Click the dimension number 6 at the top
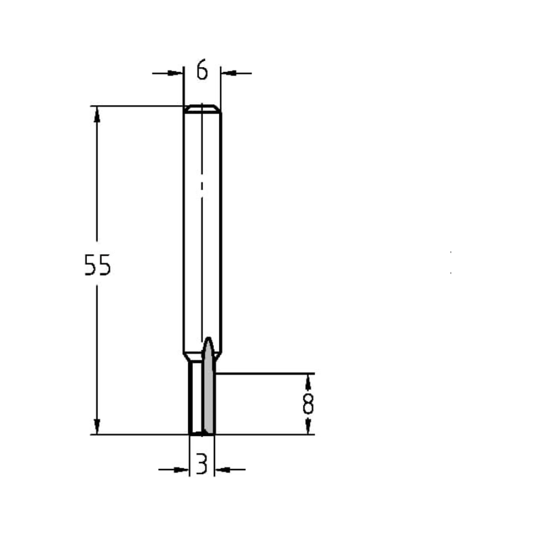point(202,70)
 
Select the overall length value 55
point(98,265)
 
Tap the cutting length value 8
point(308,404)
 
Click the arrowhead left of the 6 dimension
point(176,72)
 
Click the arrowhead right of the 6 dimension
point(228,72)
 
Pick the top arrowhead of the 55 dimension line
point(97,114)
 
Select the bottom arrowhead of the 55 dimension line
point(97,426)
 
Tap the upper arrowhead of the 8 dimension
point(308,380)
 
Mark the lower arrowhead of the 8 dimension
point(308,427)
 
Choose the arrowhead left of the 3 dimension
point(183,470)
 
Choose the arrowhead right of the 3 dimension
point(221,470)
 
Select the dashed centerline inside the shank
point(202,214)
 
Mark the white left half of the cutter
point(196,397)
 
